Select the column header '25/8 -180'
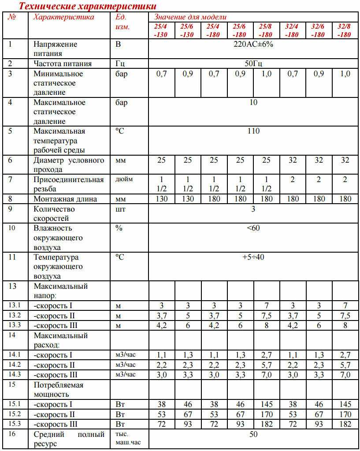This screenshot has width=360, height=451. click(266, 30)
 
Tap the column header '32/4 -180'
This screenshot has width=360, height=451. click(292, 30)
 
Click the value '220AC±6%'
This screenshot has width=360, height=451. click(253, 45)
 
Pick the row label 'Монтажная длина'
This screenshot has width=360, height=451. click(65, 199)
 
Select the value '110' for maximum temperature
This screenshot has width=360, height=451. click(253, 131)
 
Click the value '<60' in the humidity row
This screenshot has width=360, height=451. click(253, 228)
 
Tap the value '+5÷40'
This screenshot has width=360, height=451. click(253, 257)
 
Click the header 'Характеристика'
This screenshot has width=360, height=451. click(64, 17)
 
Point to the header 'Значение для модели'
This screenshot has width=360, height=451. click(190, 17)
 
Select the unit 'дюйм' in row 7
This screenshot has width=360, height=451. click(124, 179)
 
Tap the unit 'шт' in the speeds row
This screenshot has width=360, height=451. click(120, 209)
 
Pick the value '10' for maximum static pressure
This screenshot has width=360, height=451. click(253, 103)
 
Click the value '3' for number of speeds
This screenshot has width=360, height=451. click(253, 209)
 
